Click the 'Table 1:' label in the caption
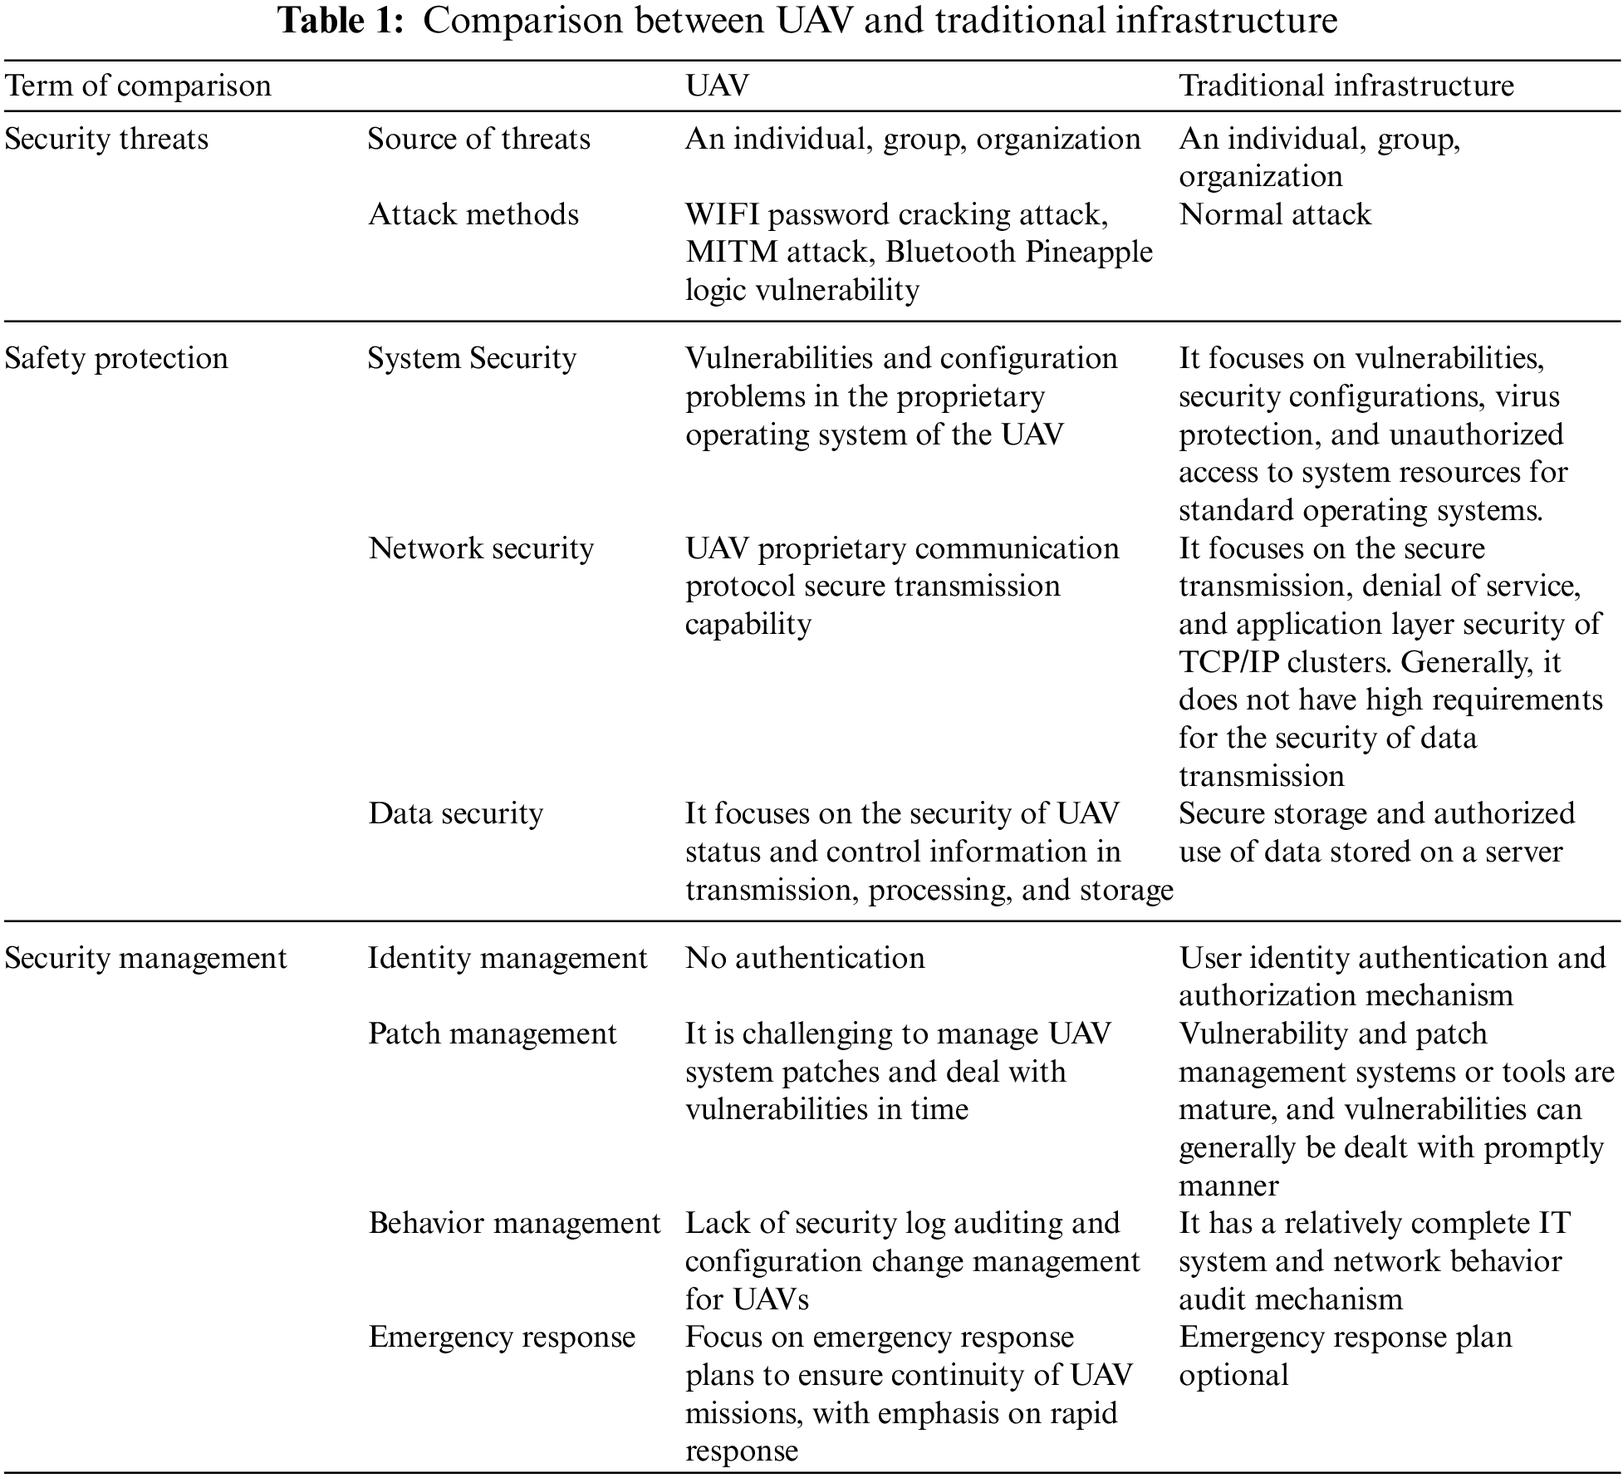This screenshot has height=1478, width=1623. (341, 21)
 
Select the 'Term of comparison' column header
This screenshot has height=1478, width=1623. (138, 86)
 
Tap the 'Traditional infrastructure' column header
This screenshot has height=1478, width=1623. (1346, 86)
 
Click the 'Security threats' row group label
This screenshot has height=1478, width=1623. (106, 139)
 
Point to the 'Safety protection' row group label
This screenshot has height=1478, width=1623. (116, 358)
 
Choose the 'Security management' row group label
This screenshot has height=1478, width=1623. (146, 958)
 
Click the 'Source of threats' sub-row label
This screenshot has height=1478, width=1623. (478, 139)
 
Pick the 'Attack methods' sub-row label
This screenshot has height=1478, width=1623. (473, 214)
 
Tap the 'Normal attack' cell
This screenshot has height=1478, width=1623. (1275, 214)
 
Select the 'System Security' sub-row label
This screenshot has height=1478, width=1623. (472, 358)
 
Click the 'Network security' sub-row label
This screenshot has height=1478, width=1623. (481, 548)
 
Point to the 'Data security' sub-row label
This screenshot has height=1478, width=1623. (456, 813)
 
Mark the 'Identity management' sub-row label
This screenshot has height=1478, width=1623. (507, 958)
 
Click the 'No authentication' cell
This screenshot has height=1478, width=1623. (805, 958)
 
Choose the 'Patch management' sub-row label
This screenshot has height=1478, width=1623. (493, 1034)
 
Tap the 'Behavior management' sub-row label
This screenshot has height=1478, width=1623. (514, 1223)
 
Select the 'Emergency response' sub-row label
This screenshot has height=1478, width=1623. (502, 1337)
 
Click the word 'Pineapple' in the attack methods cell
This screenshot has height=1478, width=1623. (1088, 253)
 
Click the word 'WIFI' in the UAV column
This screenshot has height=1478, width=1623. (723, 214)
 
